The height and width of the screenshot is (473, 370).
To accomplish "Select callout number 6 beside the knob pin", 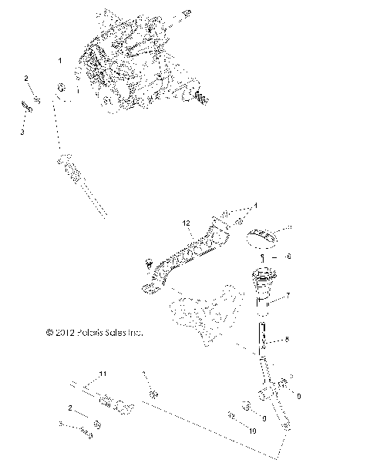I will [x=288, y=256].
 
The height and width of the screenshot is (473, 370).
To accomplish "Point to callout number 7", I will [x=288, y=295].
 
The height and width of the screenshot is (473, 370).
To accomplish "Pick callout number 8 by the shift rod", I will [x=288, y=339].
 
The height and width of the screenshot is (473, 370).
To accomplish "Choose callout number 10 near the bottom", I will [x=251, y=431].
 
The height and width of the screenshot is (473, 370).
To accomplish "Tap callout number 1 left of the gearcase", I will [x=60, y=59].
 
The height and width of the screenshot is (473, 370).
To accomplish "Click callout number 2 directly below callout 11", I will [x=71, y=408].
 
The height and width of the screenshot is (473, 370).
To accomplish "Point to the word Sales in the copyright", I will [x=120, y=333].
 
